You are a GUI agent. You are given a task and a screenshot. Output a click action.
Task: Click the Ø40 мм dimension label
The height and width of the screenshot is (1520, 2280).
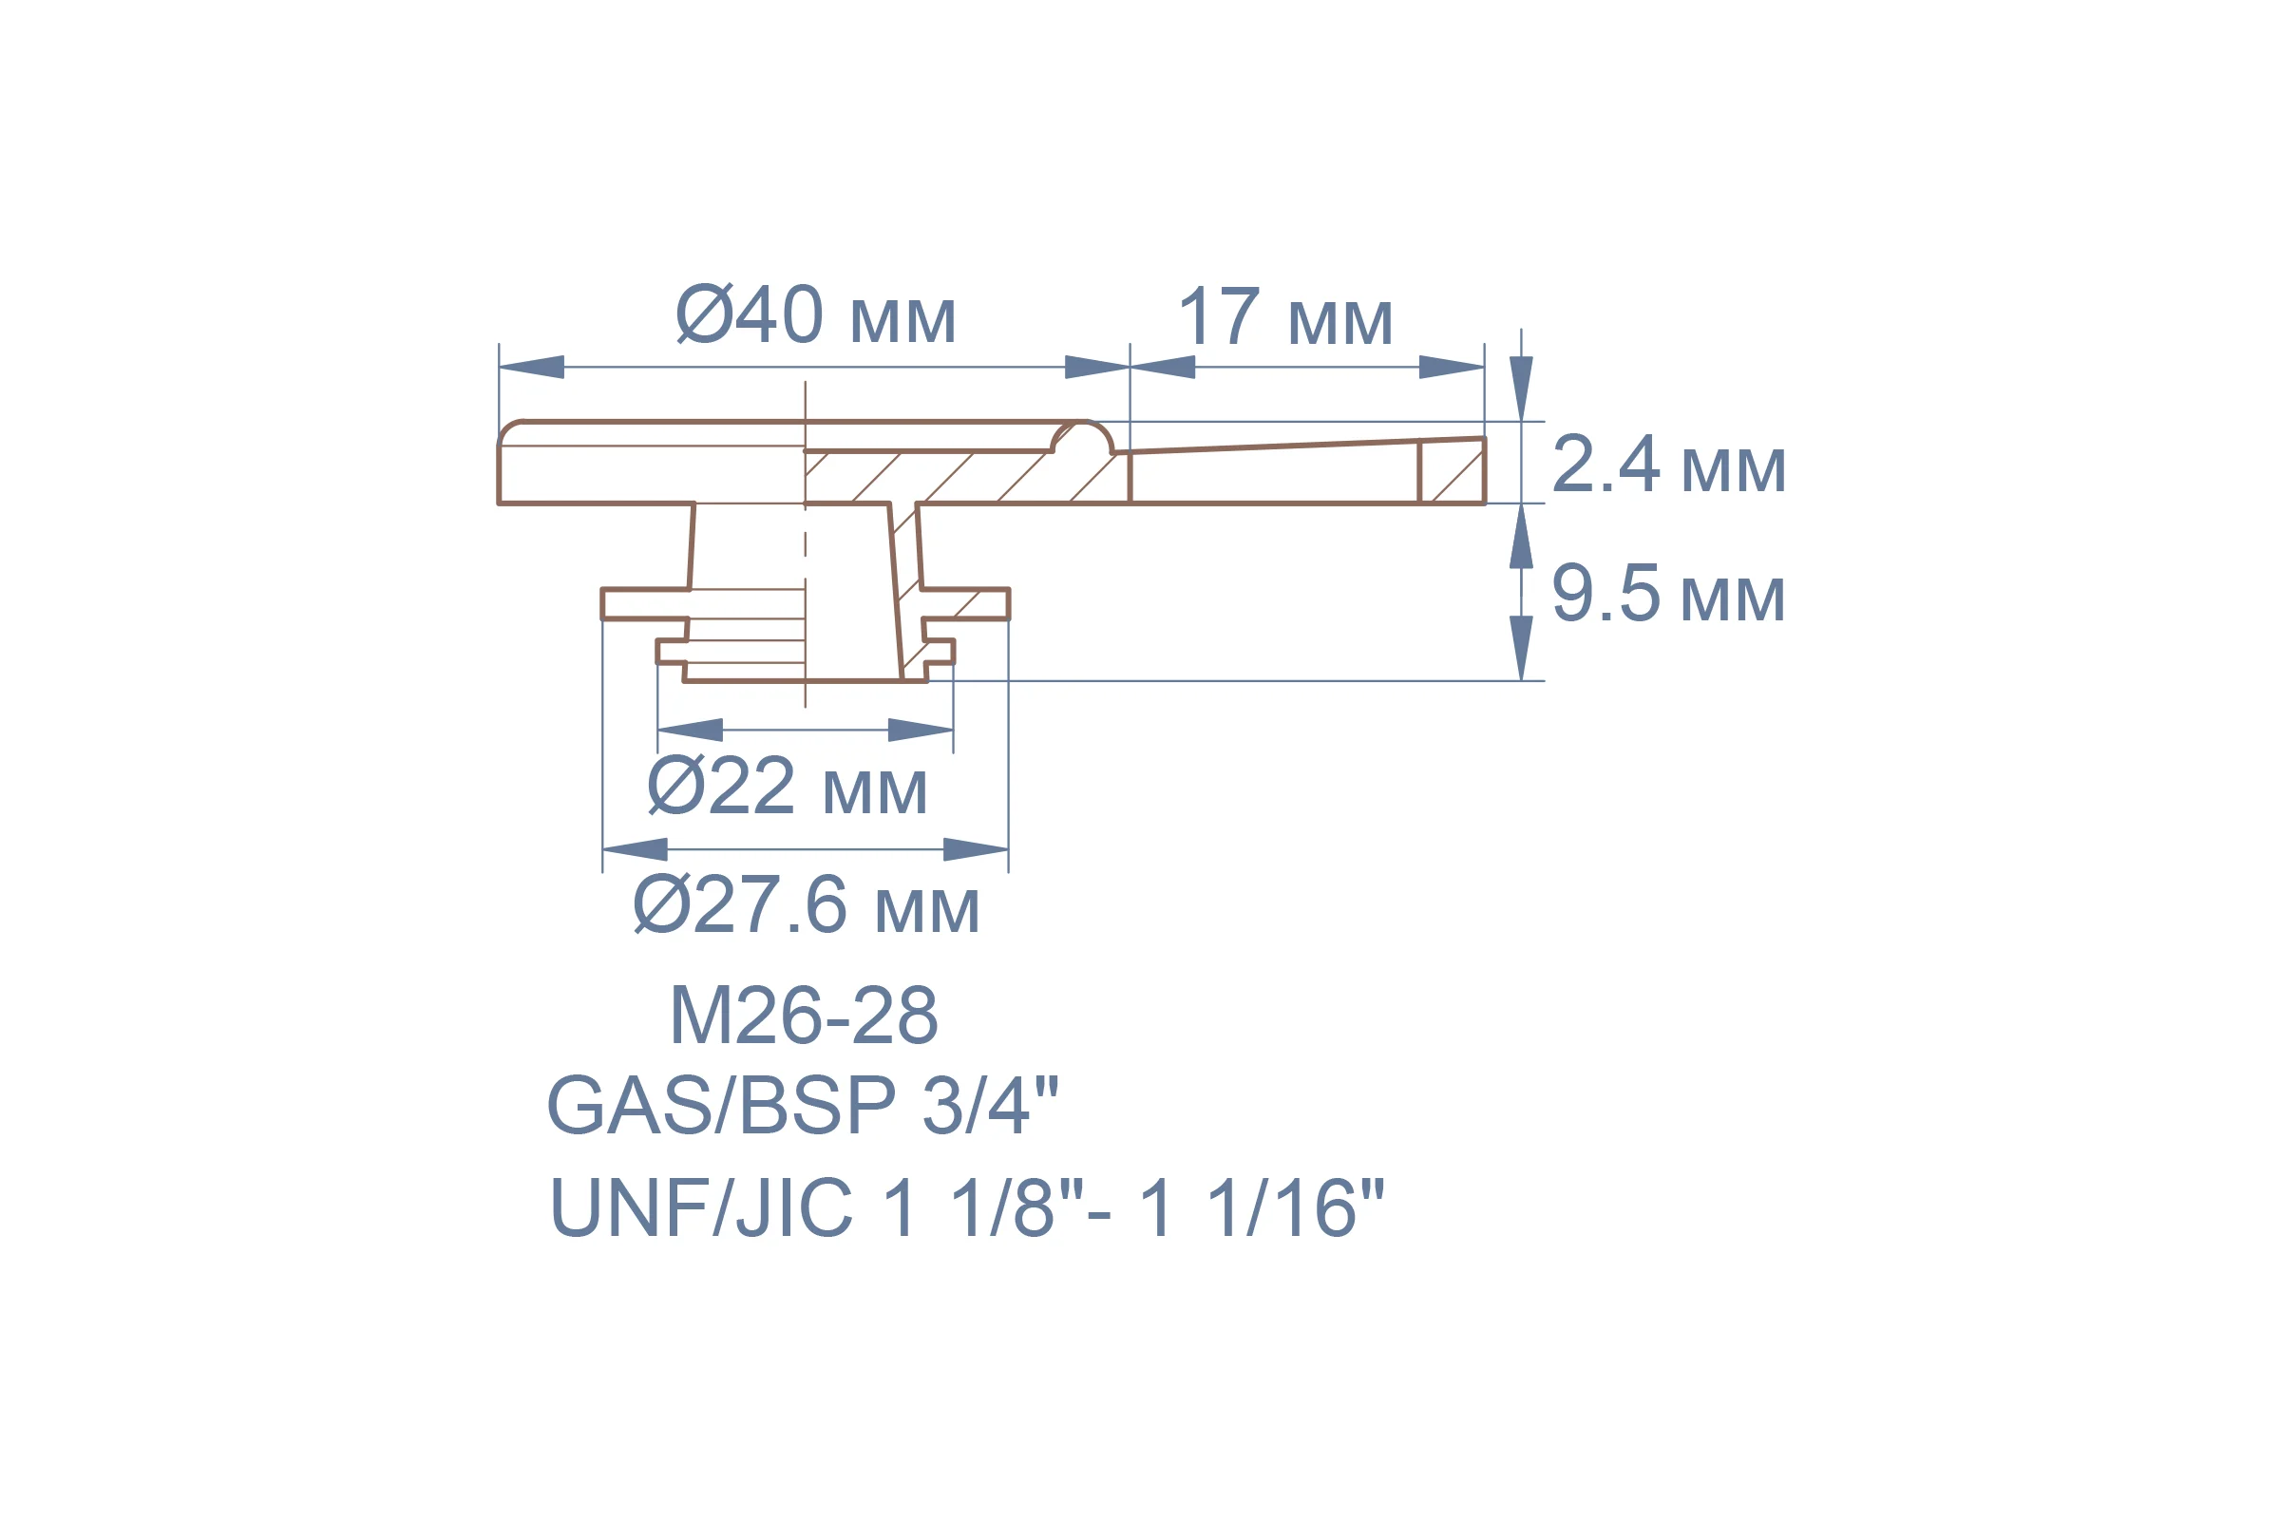(x=816, y=314)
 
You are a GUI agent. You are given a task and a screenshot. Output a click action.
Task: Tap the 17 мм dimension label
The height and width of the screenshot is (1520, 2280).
(x=1285, y=316)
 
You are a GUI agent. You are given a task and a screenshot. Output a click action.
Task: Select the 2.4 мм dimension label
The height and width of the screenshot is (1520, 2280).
(x=1668, y=465)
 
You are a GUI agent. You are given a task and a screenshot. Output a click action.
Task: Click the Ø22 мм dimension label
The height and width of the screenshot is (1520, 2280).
(x=788, y=786)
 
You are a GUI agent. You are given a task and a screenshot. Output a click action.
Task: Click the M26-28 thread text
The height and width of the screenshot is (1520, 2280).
(x=804, y=1015)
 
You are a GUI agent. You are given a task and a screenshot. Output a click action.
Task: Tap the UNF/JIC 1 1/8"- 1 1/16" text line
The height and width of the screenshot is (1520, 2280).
(x=966, y=1206)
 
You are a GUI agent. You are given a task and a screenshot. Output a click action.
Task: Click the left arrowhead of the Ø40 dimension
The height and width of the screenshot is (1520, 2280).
(x=531, y=368)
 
